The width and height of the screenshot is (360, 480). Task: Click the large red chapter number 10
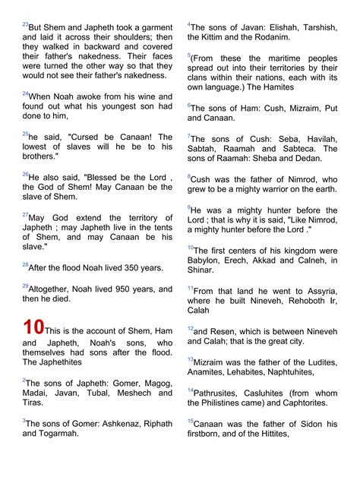(x=33, y=327)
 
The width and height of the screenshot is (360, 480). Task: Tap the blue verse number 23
(x=25, y=24)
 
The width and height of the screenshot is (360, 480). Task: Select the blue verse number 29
(x=25, y=286)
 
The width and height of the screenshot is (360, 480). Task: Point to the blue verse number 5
(x=189, y=55)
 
